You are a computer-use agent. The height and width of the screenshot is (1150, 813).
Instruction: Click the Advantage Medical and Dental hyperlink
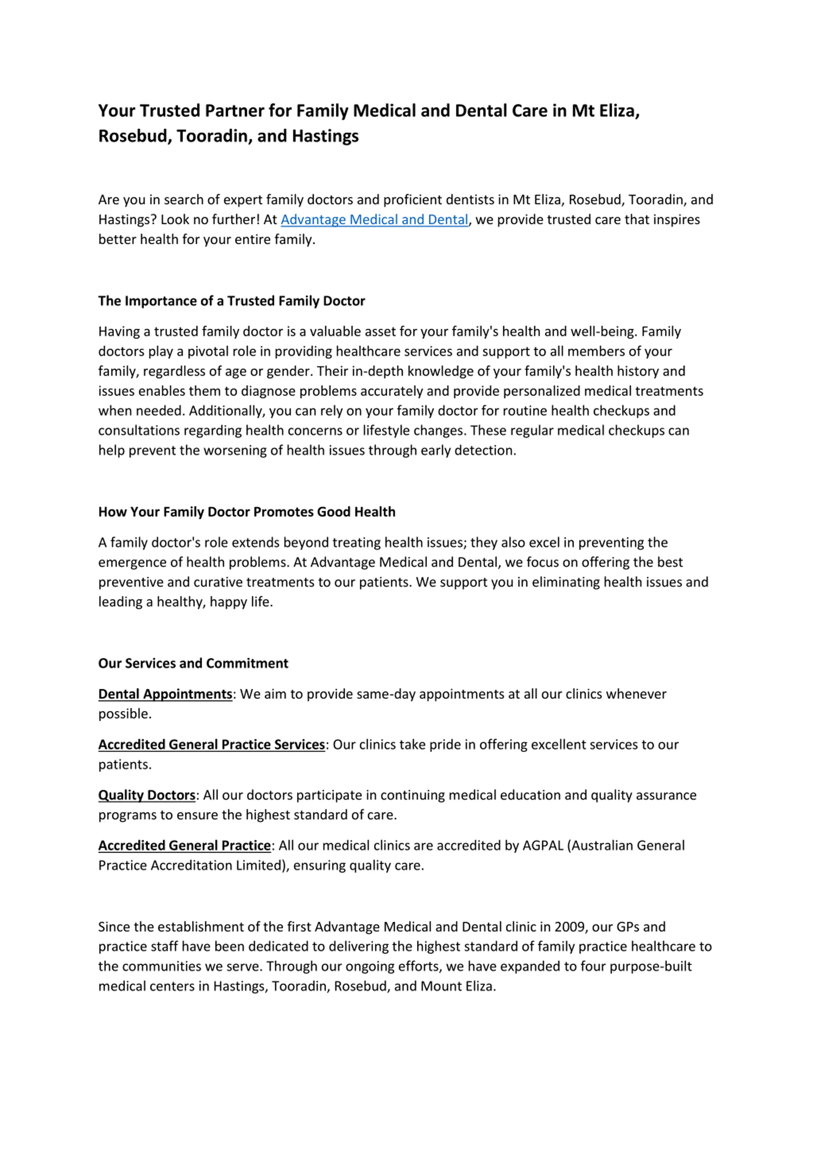click(x=374, y=219)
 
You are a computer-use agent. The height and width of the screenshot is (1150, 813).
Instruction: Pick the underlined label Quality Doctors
click(x=146, y=795)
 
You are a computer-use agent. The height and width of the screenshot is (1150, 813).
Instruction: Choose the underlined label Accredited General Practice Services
click(x=212, y=744)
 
